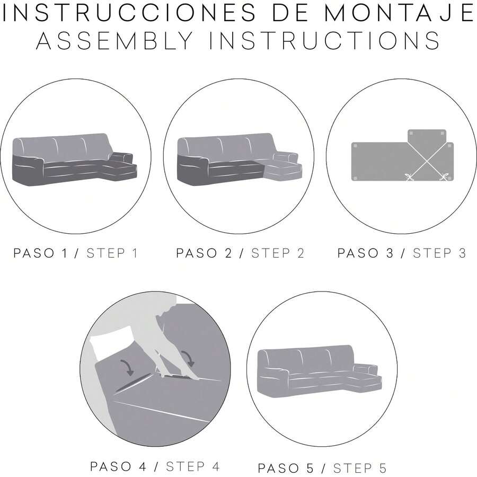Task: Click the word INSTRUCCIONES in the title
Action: click(x=129, y=13)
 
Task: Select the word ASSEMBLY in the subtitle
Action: click(x=114, y=40)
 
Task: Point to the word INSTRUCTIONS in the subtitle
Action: click(x=324, y=40)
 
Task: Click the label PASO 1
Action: click(x=41, y=253)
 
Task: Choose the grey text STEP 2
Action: click(x=278, y=253)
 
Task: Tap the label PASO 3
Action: click(x=365, y=253)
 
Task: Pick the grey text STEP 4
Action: click(x=192, y=466)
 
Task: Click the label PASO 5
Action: click(x=286, y=468)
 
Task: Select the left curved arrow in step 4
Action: click(x=128, y=367)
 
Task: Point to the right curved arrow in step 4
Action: click(x=188, y=358)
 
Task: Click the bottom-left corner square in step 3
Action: click(x=355, y=178)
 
